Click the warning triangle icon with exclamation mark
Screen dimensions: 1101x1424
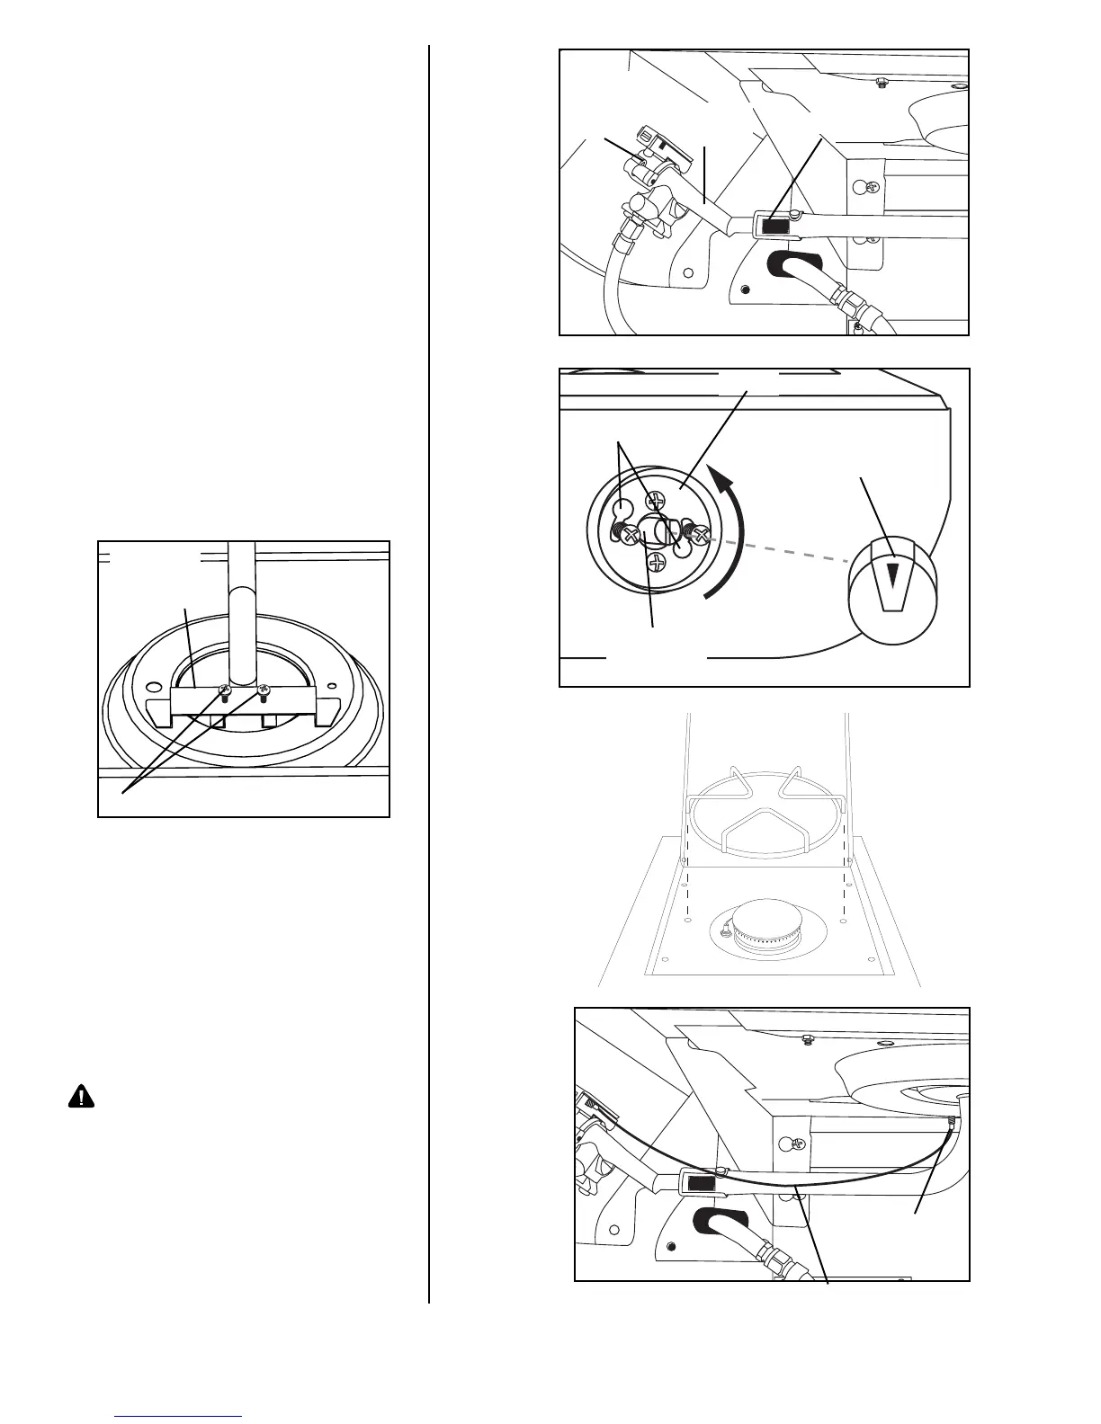(81, 1097)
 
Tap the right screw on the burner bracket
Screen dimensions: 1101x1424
(264, 690)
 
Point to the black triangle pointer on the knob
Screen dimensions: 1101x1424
(892, 574)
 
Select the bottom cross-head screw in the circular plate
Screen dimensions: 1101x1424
(658, 564)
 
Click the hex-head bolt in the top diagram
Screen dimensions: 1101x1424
(881, 83)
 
